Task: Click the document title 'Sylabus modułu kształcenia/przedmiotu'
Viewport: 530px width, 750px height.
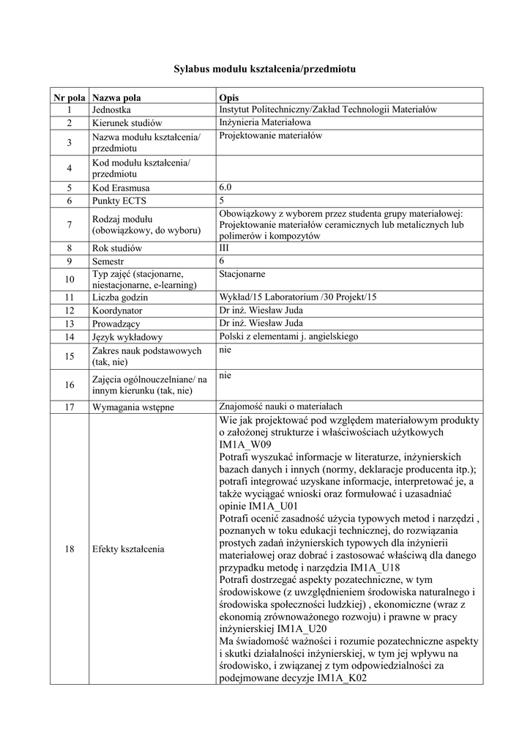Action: tap(264, 69)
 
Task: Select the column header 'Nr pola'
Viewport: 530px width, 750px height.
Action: tap(69, 97)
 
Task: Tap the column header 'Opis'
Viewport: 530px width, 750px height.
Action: tap(228, 97)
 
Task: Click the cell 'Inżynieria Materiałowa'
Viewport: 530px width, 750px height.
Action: tap(266, 122)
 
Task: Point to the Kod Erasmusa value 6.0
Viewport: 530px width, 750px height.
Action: tap(225, 187)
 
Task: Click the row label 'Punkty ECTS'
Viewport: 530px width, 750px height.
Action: tap(116, 200)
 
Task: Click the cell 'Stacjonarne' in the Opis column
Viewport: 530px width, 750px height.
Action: tap(242, 274)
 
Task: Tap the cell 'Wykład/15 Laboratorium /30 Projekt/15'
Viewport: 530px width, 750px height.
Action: tap(297, 297)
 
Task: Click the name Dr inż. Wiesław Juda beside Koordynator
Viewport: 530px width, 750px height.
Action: tap(260, 311)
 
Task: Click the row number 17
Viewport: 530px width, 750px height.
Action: tap(69, 407)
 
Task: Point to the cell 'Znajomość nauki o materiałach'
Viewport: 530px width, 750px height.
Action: tap(281, 406)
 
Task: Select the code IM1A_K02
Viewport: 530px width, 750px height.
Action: tap(342, 678)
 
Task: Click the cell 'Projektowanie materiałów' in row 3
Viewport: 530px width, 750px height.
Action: tap(270, 135)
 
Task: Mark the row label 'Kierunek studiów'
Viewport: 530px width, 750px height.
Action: tap(127, 123)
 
